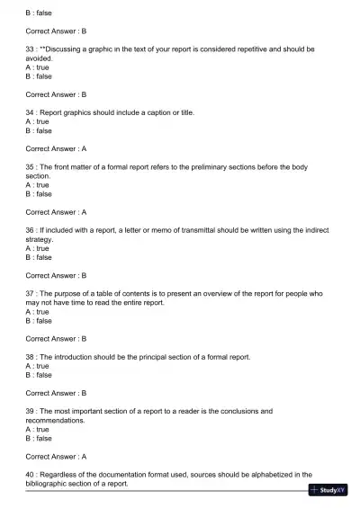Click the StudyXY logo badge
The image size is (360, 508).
tap(328, 491)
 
